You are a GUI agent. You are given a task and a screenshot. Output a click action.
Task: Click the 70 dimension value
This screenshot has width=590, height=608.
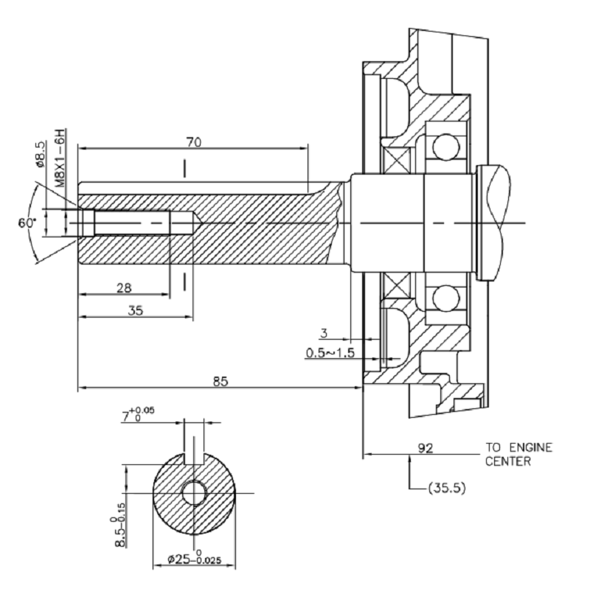click(x=192, y=141)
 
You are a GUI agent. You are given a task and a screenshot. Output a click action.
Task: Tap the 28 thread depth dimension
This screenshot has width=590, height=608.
click(x=124, y=287)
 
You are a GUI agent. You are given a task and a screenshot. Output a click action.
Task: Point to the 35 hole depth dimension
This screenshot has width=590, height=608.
click(x=135, y=310)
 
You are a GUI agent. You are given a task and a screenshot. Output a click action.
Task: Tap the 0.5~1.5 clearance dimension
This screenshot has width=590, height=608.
click(x=330, y=353)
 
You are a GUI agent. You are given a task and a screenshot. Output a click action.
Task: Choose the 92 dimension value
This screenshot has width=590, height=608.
click(x=425, y=447)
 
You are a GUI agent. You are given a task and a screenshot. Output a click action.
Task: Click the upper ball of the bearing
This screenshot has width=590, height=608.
click(x=447, y=147)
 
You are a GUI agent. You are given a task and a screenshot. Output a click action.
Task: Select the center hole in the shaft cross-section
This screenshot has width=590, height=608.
click(x=195, y=492)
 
